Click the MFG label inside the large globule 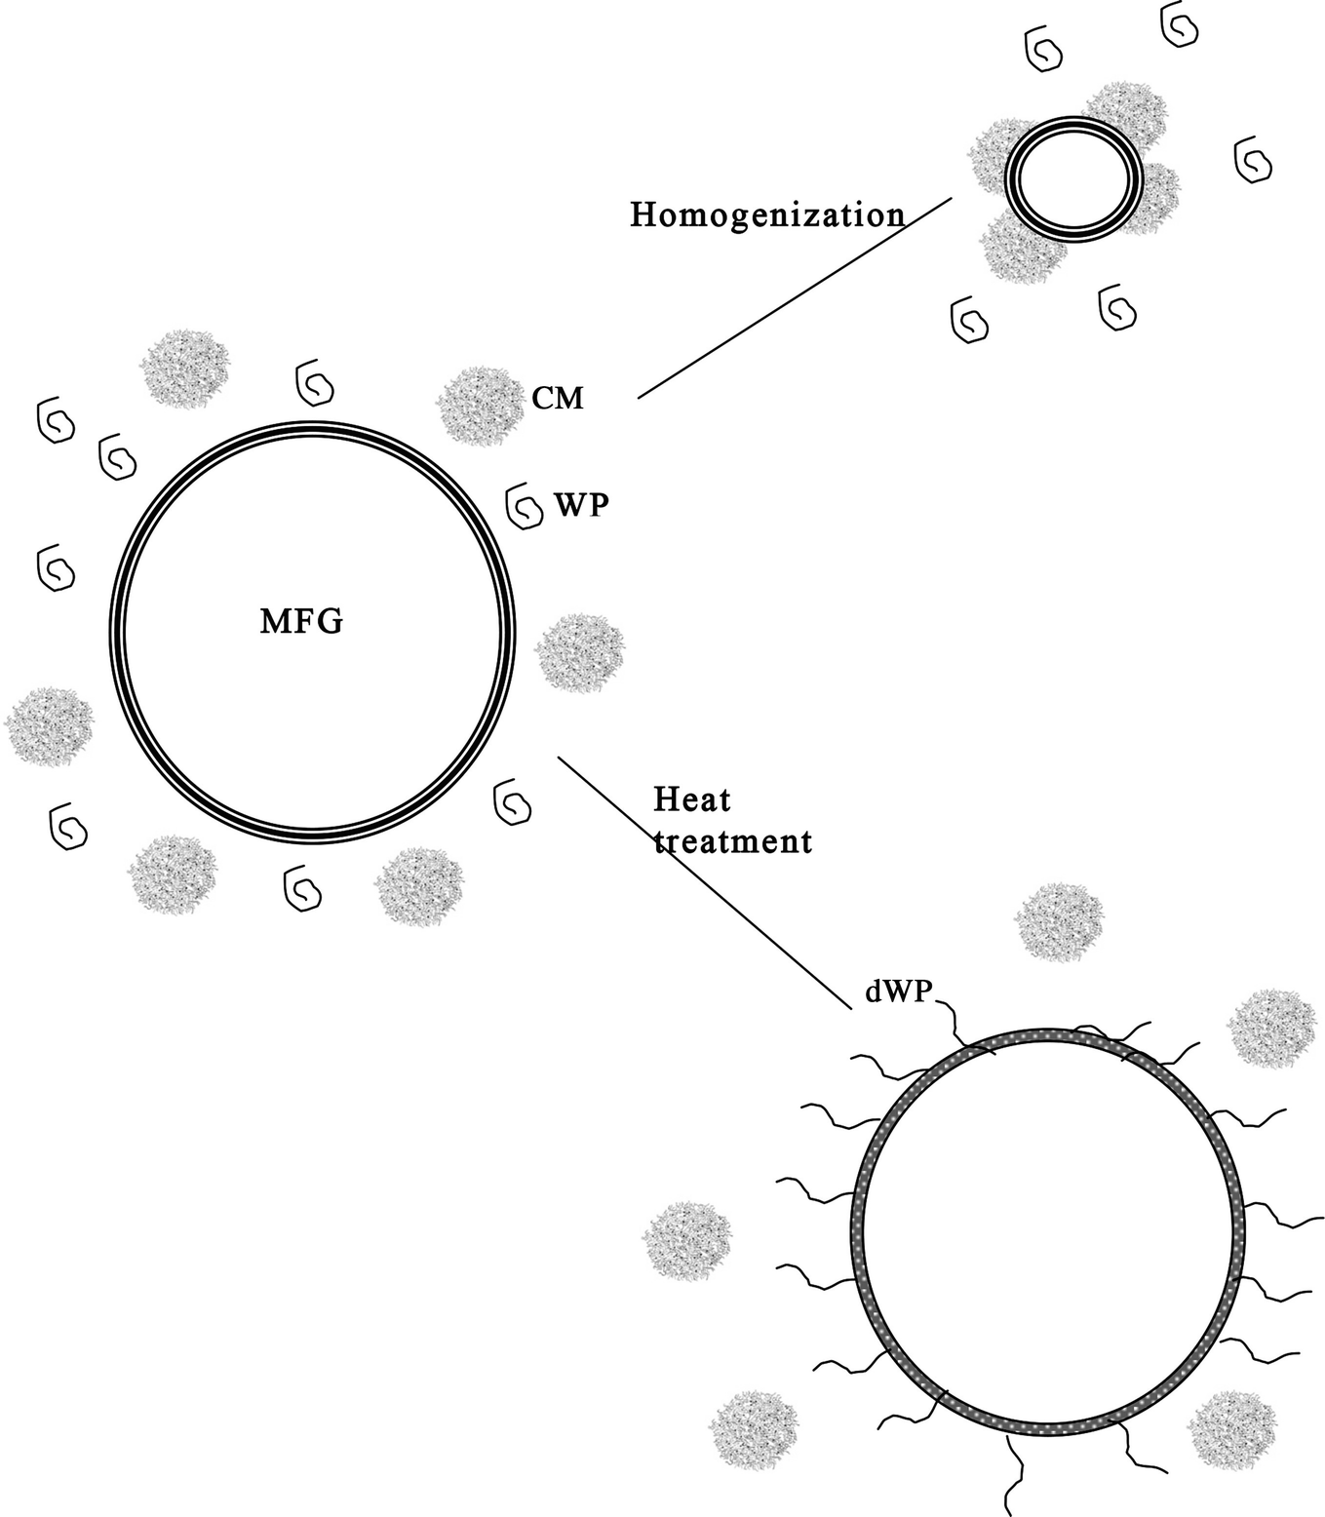(x=301, y=621)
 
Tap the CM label (x=558, y=398)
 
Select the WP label (x=581, y=504)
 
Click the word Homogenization (x=767, y=214)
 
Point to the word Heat (x=691, y=799)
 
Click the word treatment (x=732, y=840)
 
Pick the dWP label (x=899, y=992)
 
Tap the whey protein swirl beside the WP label (x=526, y=507)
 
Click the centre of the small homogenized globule (x=1072, y=179)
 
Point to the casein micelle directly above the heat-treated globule (x=1059, y=922)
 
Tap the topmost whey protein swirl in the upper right (x=1180, y=26)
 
